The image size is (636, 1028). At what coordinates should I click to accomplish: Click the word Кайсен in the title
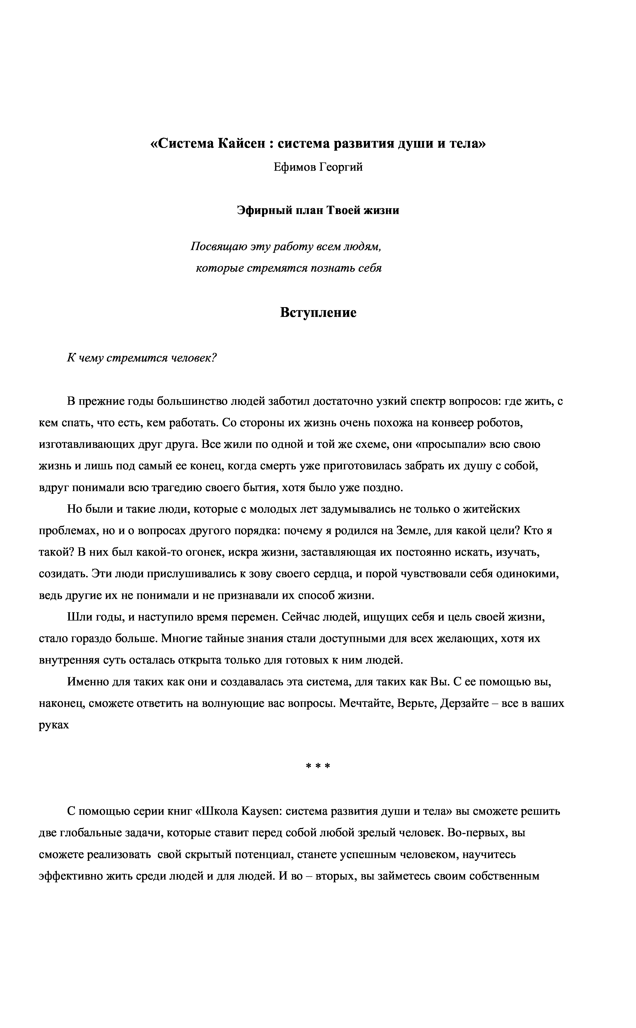click(x=242, y=144)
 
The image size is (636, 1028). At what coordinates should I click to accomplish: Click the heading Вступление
click(x=318, y=313)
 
